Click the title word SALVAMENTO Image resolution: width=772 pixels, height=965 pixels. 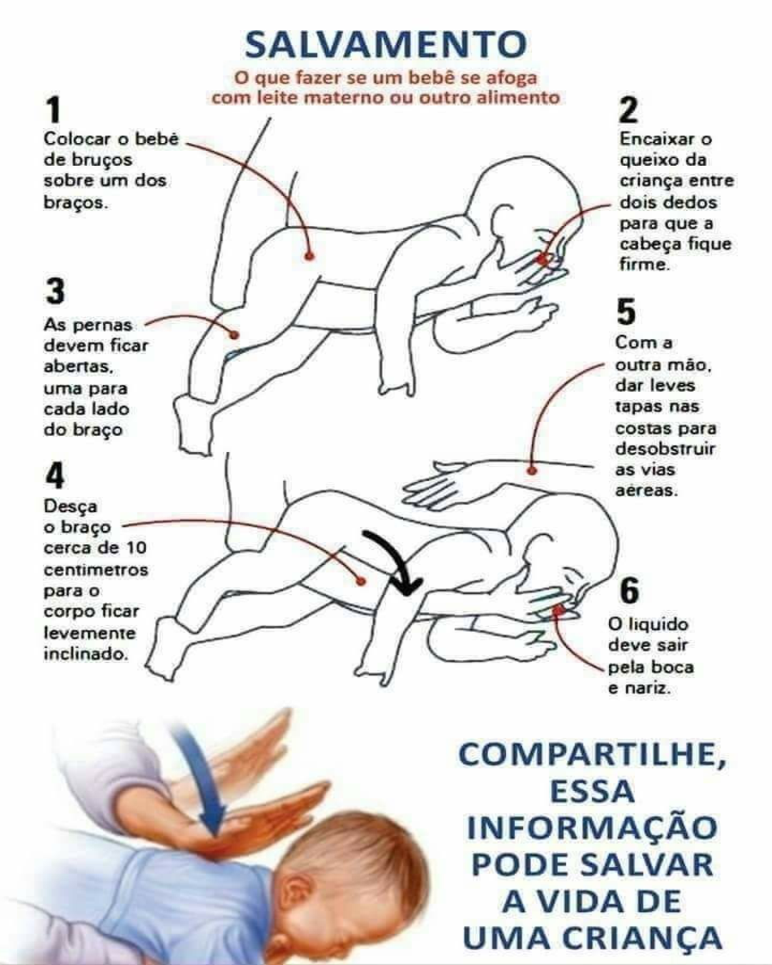[x=385, y=44]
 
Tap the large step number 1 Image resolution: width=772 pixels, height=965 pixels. [x=54, y=110]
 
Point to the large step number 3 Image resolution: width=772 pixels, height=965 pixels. [x=55, y=292]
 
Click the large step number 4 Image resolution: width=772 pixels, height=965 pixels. [x=55, y=476]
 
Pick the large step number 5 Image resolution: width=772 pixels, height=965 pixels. [x=626, y=312]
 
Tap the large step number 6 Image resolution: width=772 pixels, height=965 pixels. [x=629, y=591]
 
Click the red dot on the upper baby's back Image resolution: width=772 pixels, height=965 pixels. [x=309, y=256]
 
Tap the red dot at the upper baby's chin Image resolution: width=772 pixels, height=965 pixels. [x=543, y=259]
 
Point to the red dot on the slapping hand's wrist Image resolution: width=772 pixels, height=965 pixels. [x=532, y=471]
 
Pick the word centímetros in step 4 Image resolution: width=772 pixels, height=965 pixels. [x=96, y=570]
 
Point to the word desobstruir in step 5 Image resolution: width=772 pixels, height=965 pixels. [x=665, y=449]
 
